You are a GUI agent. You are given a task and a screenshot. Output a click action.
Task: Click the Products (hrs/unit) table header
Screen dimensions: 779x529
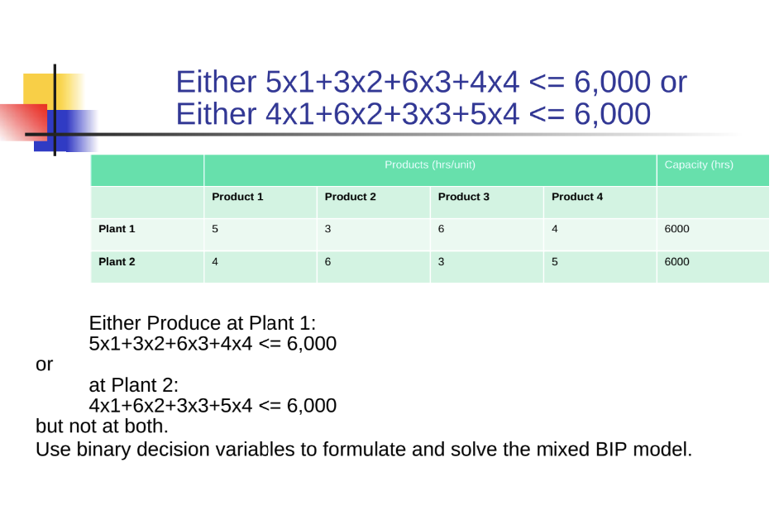click(430, 165)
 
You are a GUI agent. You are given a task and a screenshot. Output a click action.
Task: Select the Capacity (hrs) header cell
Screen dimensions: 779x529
click(699, 165)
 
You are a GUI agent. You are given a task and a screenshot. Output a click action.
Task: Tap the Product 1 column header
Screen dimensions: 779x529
click(237, 197)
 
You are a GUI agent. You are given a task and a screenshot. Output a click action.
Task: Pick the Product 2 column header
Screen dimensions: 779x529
click(351, 197)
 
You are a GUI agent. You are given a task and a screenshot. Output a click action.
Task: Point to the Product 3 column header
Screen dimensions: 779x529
click(464, 197)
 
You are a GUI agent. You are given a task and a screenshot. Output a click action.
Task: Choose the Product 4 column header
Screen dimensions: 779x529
click(577, 197)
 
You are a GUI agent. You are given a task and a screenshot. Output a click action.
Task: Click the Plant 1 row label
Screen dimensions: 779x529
click(117, 229)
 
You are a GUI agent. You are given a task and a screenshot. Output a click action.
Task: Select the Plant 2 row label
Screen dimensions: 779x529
click(117, 262)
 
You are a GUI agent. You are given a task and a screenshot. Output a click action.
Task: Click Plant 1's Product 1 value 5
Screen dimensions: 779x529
click(215, 229)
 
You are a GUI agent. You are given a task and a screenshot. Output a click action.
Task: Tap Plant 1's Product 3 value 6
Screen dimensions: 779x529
click(441, 229)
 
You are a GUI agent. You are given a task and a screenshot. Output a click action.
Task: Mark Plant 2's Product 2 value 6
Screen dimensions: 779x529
click(328, 262)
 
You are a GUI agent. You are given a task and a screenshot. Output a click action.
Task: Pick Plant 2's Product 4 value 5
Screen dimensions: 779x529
click(555, 262)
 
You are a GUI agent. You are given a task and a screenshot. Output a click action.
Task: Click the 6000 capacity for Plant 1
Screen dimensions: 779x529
click(676, 229)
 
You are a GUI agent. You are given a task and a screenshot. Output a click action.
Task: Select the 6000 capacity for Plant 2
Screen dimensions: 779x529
click(676, 262)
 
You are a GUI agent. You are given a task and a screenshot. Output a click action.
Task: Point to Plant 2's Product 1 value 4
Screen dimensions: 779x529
click(215, 262)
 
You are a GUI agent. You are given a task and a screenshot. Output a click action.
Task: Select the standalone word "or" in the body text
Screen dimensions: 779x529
click(44, 365)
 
